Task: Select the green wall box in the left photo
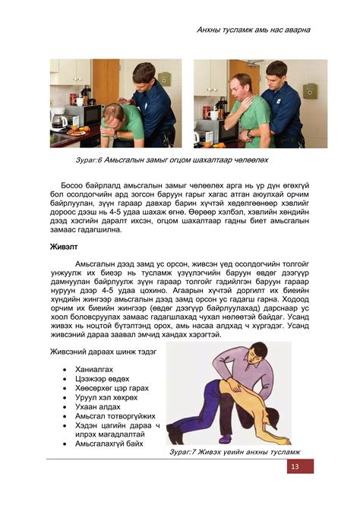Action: (x=165, y=79)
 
